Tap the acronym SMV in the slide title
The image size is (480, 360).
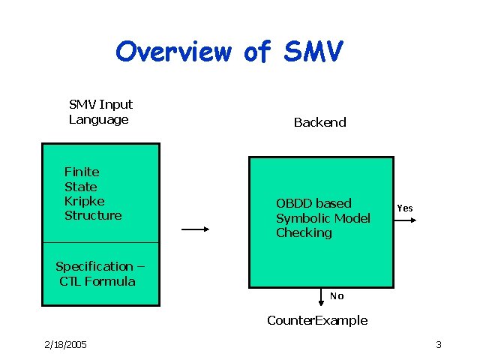(x=313, y=52)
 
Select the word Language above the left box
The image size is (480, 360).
(x=98, y=119)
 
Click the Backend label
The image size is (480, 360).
(x=319, y=122)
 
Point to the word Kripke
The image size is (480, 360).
(x=84, y=201)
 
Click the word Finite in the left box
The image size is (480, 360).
(x=82, y=172)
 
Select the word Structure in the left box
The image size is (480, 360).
(x=93, y=215)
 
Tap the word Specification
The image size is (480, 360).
(x=94, y=266)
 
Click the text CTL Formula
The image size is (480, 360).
(x=97, y=281)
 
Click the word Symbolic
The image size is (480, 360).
(x=303, y=218)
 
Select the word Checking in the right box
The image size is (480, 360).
(x=304, y=232)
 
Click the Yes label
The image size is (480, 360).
(x=404, y=208)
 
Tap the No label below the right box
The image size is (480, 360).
(x=337, y=295)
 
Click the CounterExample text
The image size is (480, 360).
(x=317, y=320)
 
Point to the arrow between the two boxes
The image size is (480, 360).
(x=195, y=230)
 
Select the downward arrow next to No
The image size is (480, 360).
(x=322, y=297)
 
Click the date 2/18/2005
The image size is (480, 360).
(x=65, y=344)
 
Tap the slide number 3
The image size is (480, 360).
(x=438, y=344)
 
